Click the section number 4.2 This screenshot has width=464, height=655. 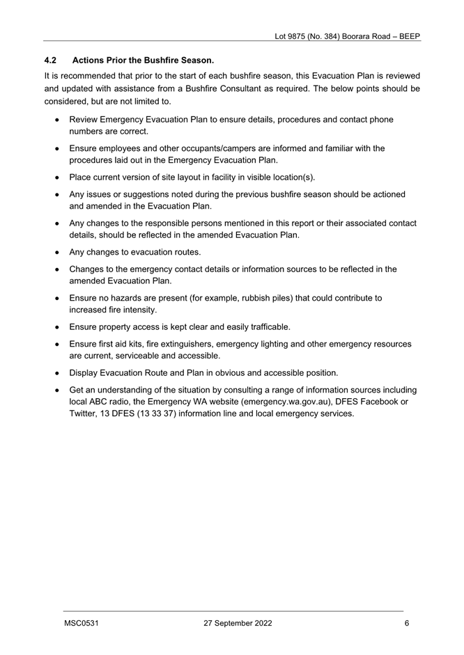tap(49, 61)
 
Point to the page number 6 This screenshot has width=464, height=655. tap(407, 624)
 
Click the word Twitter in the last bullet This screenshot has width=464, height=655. tap(83, 413)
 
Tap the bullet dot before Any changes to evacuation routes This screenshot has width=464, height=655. tap(56, 252)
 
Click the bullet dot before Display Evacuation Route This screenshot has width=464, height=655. tap(56, 373)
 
